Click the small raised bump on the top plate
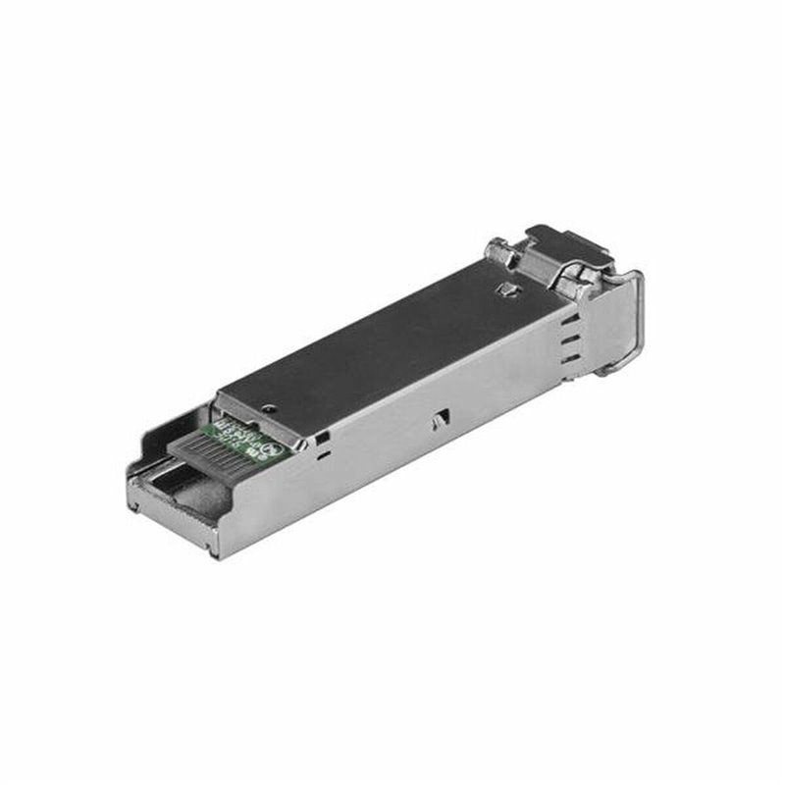click(x=506, y=288)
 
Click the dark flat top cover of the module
click(x=392, y=343)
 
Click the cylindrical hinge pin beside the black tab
click(x=506, y=252)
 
